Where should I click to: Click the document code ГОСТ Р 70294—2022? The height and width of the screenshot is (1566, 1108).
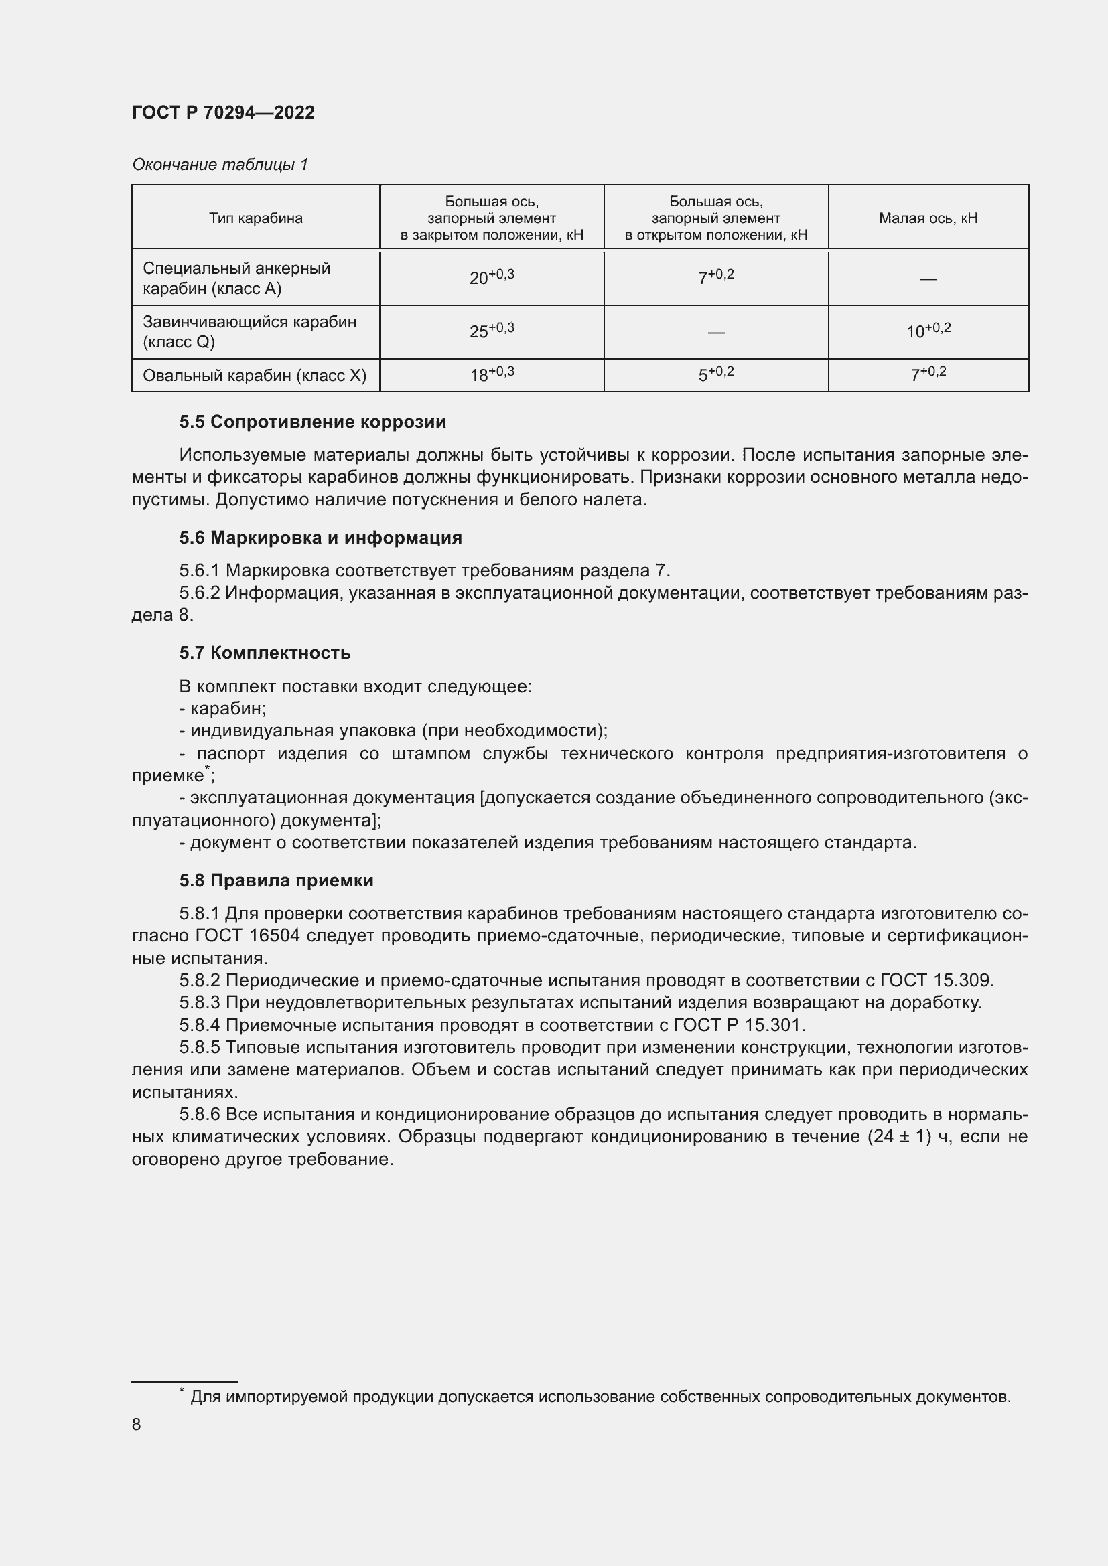(x=223, y=112)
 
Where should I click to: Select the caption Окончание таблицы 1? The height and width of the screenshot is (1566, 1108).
(x=220, y=165)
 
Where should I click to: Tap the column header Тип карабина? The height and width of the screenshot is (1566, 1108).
(x=256, y=218)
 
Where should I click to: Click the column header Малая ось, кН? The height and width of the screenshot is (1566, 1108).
(x=928, y=218)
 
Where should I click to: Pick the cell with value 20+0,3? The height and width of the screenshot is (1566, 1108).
(x=491, y=278)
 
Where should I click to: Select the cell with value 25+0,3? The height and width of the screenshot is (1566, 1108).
(x=491, y=331)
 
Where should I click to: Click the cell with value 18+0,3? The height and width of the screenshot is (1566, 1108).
(x=491, y=374)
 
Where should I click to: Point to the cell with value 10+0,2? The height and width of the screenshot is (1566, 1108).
(x=928, y=331)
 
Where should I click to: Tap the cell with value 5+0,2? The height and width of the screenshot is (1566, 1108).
(x=715, y=374)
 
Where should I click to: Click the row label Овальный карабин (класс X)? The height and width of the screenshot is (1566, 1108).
(x=255, y=375)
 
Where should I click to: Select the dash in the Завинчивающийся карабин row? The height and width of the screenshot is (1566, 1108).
(x=715, y=332)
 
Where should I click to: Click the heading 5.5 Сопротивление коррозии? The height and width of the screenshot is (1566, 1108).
(x=312, y=422)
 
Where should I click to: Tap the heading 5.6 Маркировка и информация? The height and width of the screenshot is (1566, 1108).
(x=321, y=538)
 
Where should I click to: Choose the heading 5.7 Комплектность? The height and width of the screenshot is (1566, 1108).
(x=265, y=653)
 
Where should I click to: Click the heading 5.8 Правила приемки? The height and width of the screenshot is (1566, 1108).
(x=276, y=880)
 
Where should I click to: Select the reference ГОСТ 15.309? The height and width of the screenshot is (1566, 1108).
(x=936, y=981)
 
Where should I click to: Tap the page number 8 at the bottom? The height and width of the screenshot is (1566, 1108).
(x=137, y=1424)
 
